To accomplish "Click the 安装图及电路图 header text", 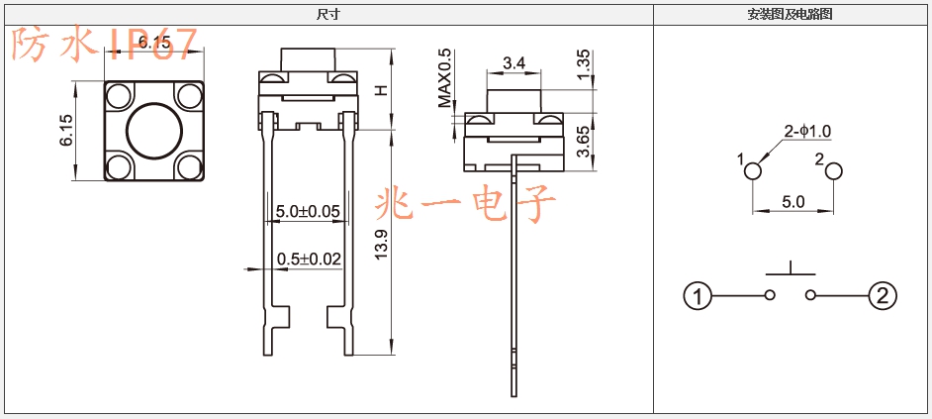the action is point(790,15).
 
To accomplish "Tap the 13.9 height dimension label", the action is point(381,244).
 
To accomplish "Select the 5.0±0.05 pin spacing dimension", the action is point(308,211).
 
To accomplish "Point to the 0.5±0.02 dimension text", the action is point(309,259).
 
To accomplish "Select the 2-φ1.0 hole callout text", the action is point(807,132).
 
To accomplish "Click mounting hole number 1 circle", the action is point(753,171).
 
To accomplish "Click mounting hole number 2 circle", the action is point(834,171).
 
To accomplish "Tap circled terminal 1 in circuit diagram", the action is point(698,295).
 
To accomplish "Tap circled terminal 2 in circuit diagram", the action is point(883,295).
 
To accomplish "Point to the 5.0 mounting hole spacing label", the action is point(792,202).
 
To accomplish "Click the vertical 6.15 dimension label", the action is point(66,130).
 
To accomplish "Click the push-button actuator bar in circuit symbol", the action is point(791,274).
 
